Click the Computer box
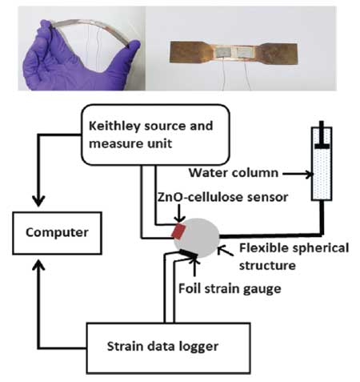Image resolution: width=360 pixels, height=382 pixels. [x=57, y=233]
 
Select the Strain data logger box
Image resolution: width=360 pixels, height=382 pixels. [x=168, y=348]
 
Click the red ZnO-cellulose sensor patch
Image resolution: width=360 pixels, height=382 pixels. [x=178, y=231]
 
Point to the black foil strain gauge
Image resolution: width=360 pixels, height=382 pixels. [x=189, y=254]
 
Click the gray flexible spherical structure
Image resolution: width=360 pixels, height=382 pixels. [x=197, y=238]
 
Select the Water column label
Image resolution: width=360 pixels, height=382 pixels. [x=234, y=173]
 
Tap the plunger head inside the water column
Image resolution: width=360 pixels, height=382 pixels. [x=322, y=146]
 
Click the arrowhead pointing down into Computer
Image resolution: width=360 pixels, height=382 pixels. [x=38, y=201]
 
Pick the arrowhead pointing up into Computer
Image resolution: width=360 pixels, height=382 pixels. [x=38, y=265]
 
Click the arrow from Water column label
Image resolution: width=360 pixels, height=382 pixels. [x=298, y=175]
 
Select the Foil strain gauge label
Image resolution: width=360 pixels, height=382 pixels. [x=230, y=289]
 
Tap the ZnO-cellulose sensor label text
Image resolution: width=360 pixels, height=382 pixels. [x=223, y=197]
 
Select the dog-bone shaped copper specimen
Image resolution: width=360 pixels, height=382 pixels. [x=234, y=53]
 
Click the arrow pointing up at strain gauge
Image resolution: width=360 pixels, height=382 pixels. [x=194, y=267]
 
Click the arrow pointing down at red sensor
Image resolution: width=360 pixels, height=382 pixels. [x=179, y=213]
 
